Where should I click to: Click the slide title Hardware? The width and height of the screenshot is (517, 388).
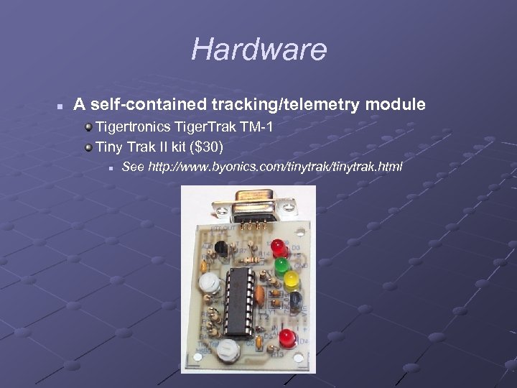pyautogui.click(x=258, y=50)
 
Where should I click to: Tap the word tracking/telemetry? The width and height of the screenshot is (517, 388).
pyautogui.click(x=287, y=105)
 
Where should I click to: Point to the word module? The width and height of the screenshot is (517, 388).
pyautogui.click(x=396, y=105)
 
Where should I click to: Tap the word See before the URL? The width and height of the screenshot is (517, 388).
pyautogui.click(x=133, y=167)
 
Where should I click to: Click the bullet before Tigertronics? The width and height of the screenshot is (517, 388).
pyautogui.click(x=88, y=128)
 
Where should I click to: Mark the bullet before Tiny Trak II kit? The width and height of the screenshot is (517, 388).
pyautogui.click(x=88, y=148)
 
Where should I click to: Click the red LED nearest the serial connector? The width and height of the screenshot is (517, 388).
pyautogui.click(x=279, y=249)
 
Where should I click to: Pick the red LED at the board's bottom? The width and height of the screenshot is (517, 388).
pyautogui.click(x=288, y=336)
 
